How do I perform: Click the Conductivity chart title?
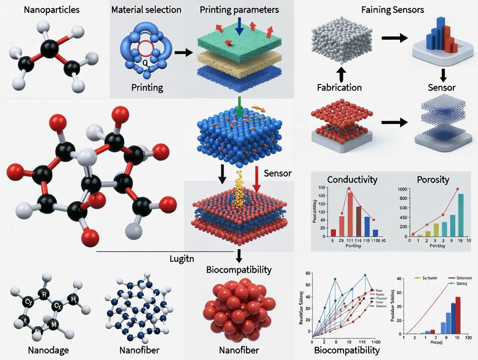point(352,179)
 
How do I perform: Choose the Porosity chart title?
point(433,179)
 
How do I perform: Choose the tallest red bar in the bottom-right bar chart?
point(458,313)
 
